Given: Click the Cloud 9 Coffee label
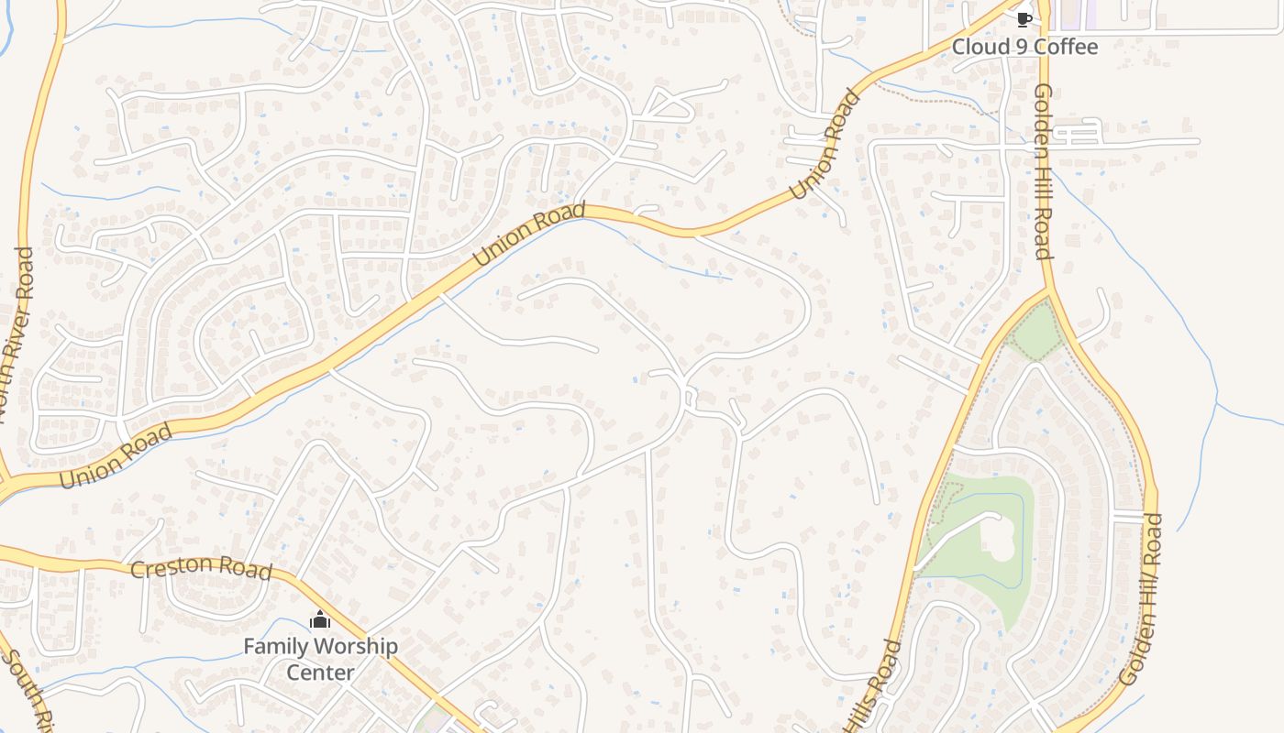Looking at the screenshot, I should [1024, 47].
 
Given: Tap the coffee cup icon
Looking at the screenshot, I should [1024, 19].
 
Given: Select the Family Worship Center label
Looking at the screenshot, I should [320, 659].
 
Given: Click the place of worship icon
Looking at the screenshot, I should [319, 621].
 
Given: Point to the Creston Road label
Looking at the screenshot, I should [201, 568].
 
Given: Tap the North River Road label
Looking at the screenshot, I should [18, 330].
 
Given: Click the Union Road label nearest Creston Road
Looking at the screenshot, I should [116, 455].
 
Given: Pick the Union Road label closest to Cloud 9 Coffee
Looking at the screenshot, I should [826, 144].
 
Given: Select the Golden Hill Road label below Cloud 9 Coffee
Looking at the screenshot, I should [1043, 171].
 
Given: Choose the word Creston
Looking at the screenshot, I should [168, 566].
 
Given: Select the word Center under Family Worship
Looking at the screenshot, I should [320, 672].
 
